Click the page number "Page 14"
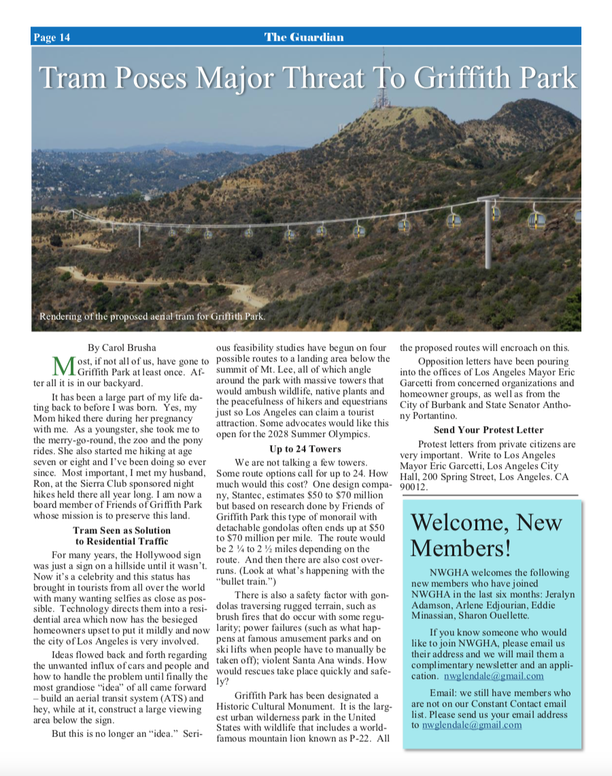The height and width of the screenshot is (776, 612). click(52, 37)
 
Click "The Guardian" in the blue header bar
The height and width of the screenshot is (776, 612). click(304, 37)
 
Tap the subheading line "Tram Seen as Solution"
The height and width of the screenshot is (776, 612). click(122, 530)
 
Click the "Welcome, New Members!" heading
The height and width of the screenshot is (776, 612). click(486, 535)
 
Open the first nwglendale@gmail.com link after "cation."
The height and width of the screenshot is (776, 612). click(494, 676)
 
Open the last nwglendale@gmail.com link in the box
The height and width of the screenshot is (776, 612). click(472, 725)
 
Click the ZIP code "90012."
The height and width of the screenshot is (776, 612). click(413, 487)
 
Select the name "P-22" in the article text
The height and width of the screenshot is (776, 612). click(360, 737)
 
